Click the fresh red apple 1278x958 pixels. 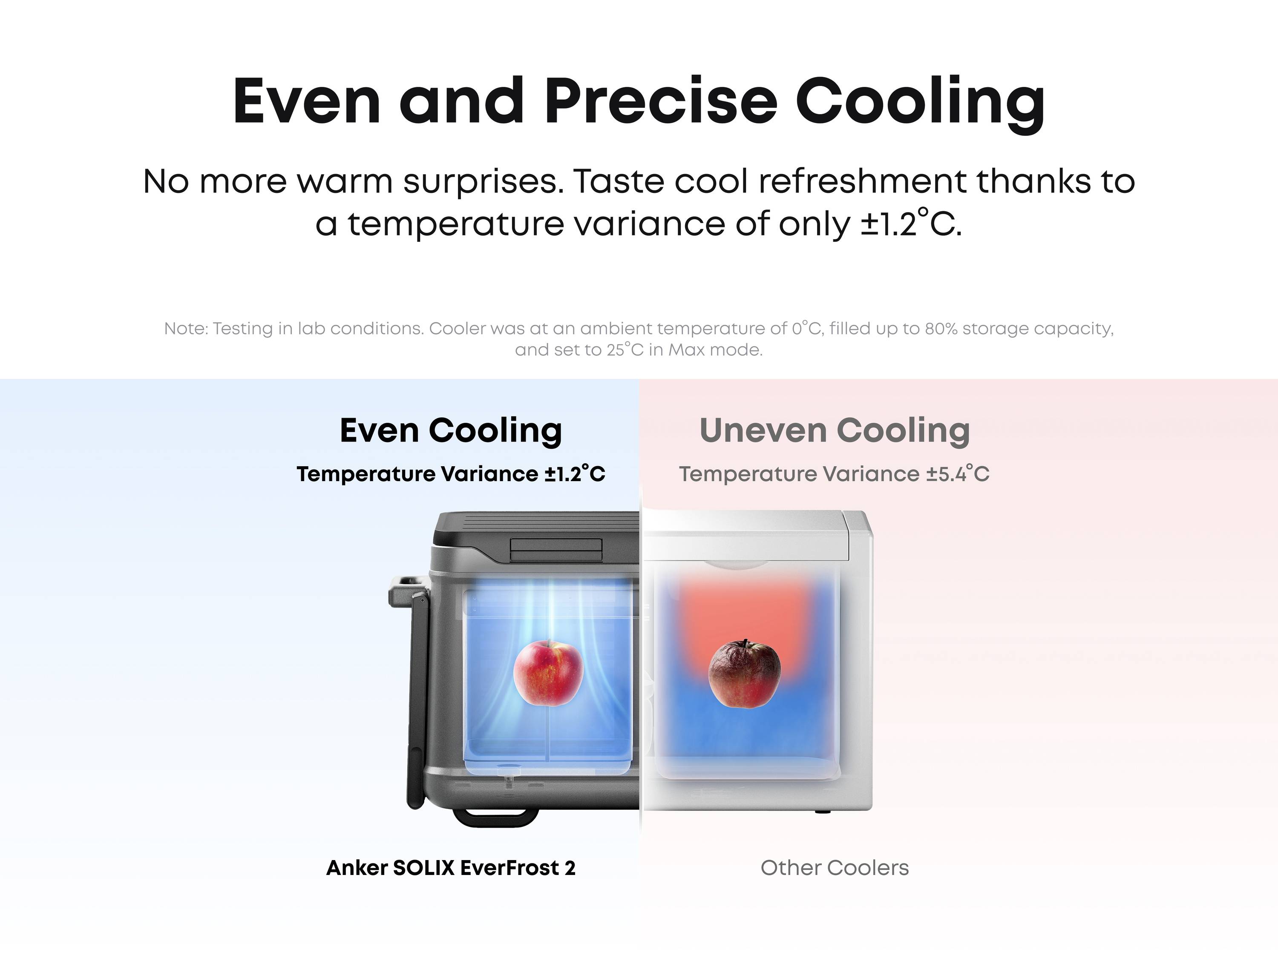(x=548, y=673)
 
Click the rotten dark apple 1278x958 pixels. (x=744, y=674)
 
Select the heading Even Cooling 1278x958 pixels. (x=451, y=431)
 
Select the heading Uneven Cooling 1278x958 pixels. (x=834, y=431)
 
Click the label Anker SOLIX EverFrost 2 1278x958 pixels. (x=451, y=868)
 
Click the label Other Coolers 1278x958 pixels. (x=834, y=868)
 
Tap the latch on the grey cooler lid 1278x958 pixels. (x=556, y=549)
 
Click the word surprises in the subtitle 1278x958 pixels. (x=483, y=182)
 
